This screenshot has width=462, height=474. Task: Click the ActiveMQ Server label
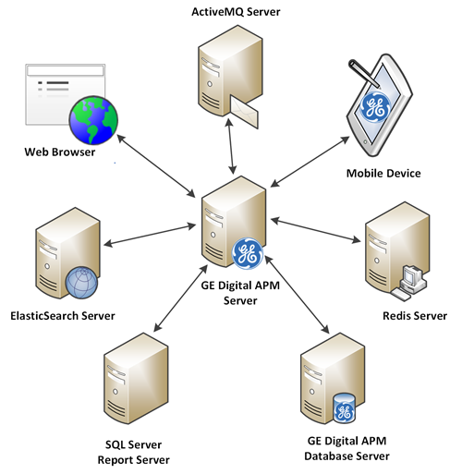tap(236, 12)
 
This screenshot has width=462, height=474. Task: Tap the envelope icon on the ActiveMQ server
tap(245, 112)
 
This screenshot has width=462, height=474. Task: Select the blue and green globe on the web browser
tap(93, 120)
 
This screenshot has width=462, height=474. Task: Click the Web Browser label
tap(60, 152)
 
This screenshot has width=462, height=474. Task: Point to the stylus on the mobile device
tap(364, 73)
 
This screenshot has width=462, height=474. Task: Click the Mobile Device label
tap(383, 173)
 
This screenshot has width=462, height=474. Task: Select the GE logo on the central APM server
tap(248, 253)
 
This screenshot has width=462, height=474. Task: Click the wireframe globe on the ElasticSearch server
tap(81, 283)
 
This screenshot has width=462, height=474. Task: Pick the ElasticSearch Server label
tap(63, 316)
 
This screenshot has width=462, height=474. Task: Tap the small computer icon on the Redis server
tap(408, 283)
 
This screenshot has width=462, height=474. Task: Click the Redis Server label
tap(415, 316)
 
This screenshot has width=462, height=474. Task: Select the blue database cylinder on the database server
tap(345, 407)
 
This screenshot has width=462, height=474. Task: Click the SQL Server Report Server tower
tap(136, 378)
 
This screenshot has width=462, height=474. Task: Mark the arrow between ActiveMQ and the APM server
tap(231, 146)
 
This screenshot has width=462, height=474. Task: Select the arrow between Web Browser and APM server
tap(156, 165)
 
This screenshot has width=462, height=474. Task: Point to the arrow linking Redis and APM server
tap(316, 230)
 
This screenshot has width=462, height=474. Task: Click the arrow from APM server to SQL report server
tap(180, 298)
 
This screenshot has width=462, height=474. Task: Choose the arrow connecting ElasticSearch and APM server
tap(150, 236)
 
